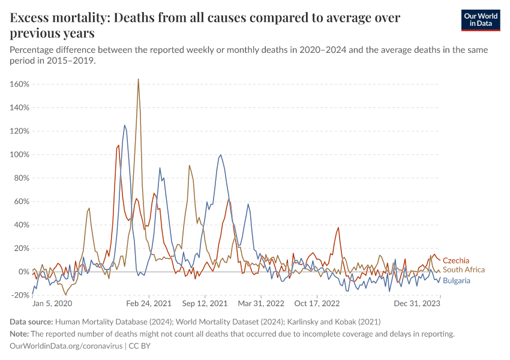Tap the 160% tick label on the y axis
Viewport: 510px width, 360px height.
20,84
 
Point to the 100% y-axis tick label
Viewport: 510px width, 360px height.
20,154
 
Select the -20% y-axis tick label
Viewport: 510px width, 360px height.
19,295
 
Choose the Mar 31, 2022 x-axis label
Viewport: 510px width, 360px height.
261,304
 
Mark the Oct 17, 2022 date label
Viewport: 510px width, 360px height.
317,304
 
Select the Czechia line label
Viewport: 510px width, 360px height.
456,260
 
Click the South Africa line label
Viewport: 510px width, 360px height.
464,270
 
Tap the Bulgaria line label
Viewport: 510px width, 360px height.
457,280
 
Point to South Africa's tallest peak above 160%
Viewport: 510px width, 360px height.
138,79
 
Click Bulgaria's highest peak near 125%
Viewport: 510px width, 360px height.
124,125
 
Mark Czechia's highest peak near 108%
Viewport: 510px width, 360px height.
118,145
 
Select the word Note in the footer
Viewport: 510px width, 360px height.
20,334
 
